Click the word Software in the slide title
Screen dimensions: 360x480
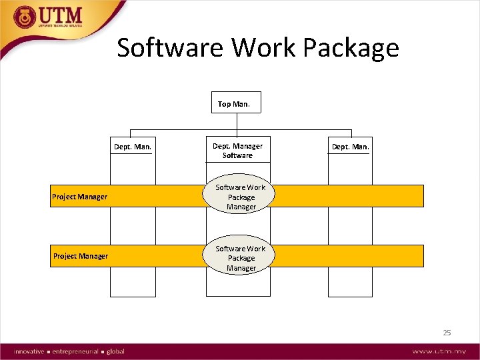(171, 48)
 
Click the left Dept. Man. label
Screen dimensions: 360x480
(133, 146)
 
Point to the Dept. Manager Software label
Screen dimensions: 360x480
(237, 151)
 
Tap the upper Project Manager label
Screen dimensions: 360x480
(80, 197)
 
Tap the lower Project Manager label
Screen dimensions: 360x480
(80, 256)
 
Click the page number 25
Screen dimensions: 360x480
(447, 332)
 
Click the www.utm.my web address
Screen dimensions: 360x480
(438, 351)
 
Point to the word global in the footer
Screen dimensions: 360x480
(115, 351)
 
